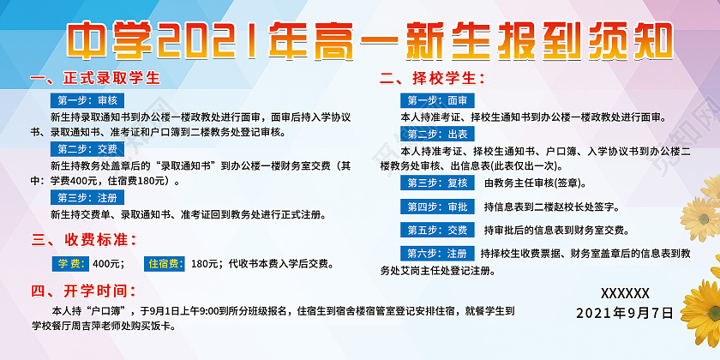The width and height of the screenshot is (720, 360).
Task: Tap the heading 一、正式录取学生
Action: pyautogui.click(x=95, y=80)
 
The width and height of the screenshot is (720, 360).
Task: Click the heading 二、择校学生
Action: pyautogui.click(x=432, y=80)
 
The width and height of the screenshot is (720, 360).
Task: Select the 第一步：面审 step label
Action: pyautogui.click(x=437, y=100)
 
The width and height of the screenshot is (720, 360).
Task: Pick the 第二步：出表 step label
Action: pyautogui.click(x=437, y=135)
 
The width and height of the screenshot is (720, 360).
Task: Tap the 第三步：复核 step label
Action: pyautogui.click(x=437, y=183)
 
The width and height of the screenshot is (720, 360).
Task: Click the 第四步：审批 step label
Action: pyautogui.click(x=437, y=207)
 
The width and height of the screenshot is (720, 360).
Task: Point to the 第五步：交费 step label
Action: pyautogui.click(x=437, y=230)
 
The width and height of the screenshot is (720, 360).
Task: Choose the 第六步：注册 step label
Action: pyautogui.click(x=437, y=254)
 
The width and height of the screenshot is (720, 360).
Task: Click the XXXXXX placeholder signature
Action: pyautogui.click(x=625, y=292)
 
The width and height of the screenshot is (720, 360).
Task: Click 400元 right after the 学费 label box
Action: pyautogui.click(x=108, y=264)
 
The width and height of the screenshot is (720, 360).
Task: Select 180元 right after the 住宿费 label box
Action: pyautogui.click(x=207, y=264)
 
